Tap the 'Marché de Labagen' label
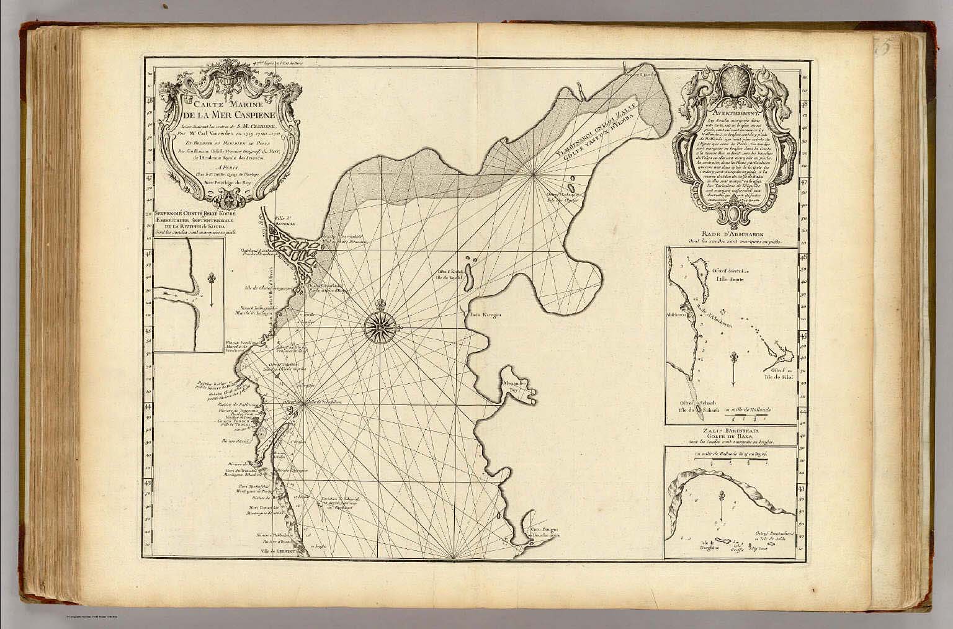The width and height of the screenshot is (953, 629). (256, 313)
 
